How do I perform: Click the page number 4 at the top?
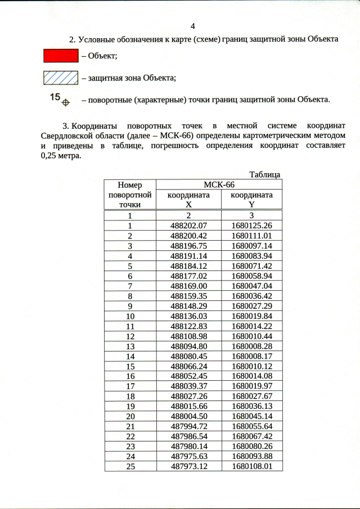coord(193,26)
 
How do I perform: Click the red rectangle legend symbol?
coord(60,55)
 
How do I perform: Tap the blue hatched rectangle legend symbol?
coord(60,78)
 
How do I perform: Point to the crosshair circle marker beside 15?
coord(65,102)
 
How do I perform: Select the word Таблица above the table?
coord(264,174)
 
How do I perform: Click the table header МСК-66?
coord(219,184)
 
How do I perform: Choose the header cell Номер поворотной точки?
coord(129,195)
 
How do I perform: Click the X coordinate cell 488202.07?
coord(188,226)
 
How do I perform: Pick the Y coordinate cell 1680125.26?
coord(251,226)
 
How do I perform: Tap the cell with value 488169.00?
coord(188,286)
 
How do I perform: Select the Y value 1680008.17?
coord(251,357)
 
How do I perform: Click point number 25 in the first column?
coord(129,467)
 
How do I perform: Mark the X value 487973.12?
coord(188,467)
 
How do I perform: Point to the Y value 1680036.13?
coord(251,407)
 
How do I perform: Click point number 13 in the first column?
coord(129,346)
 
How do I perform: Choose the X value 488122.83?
coord(188,326)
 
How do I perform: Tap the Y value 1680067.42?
coord(251,436)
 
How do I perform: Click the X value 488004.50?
coord(188,417)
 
